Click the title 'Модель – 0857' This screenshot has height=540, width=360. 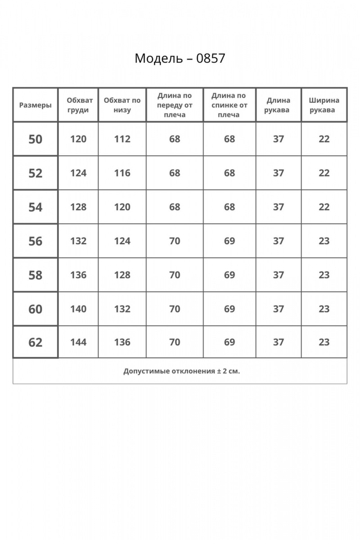click(x=180, y=58)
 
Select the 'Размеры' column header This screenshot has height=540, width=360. click(x=35, y=105)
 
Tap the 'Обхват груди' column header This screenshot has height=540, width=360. click(x=78, y=105)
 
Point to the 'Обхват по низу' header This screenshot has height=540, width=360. click(x=122, y=105)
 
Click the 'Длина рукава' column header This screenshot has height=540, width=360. click(x=278, y=105)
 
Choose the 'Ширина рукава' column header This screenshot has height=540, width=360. click(x=324, y=105)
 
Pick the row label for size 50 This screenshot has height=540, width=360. click(x=35, y=139)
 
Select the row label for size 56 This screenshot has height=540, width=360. click(x=35, y=241)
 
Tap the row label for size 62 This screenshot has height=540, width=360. click(x=35, y=342)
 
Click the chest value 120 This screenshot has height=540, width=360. click(x=78, y=139)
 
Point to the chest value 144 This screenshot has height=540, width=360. click(x=78, y=342)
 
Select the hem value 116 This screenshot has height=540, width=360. click(x=122, y=173)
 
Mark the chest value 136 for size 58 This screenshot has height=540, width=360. click(x=78, y=274)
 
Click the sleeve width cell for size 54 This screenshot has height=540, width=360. click(x=324, y=207)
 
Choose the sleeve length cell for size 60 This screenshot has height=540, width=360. click(x=278, y=309)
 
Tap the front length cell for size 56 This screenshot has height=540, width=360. click(x=175, y=241)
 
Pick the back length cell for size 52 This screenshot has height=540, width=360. click(x=229, y=173)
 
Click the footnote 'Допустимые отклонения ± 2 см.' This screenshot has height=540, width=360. click(x=180, y=371)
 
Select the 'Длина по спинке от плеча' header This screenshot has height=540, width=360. click(x=229, y=105)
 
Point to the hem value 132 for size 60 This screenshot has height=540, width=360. click(x=122, y=309)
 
